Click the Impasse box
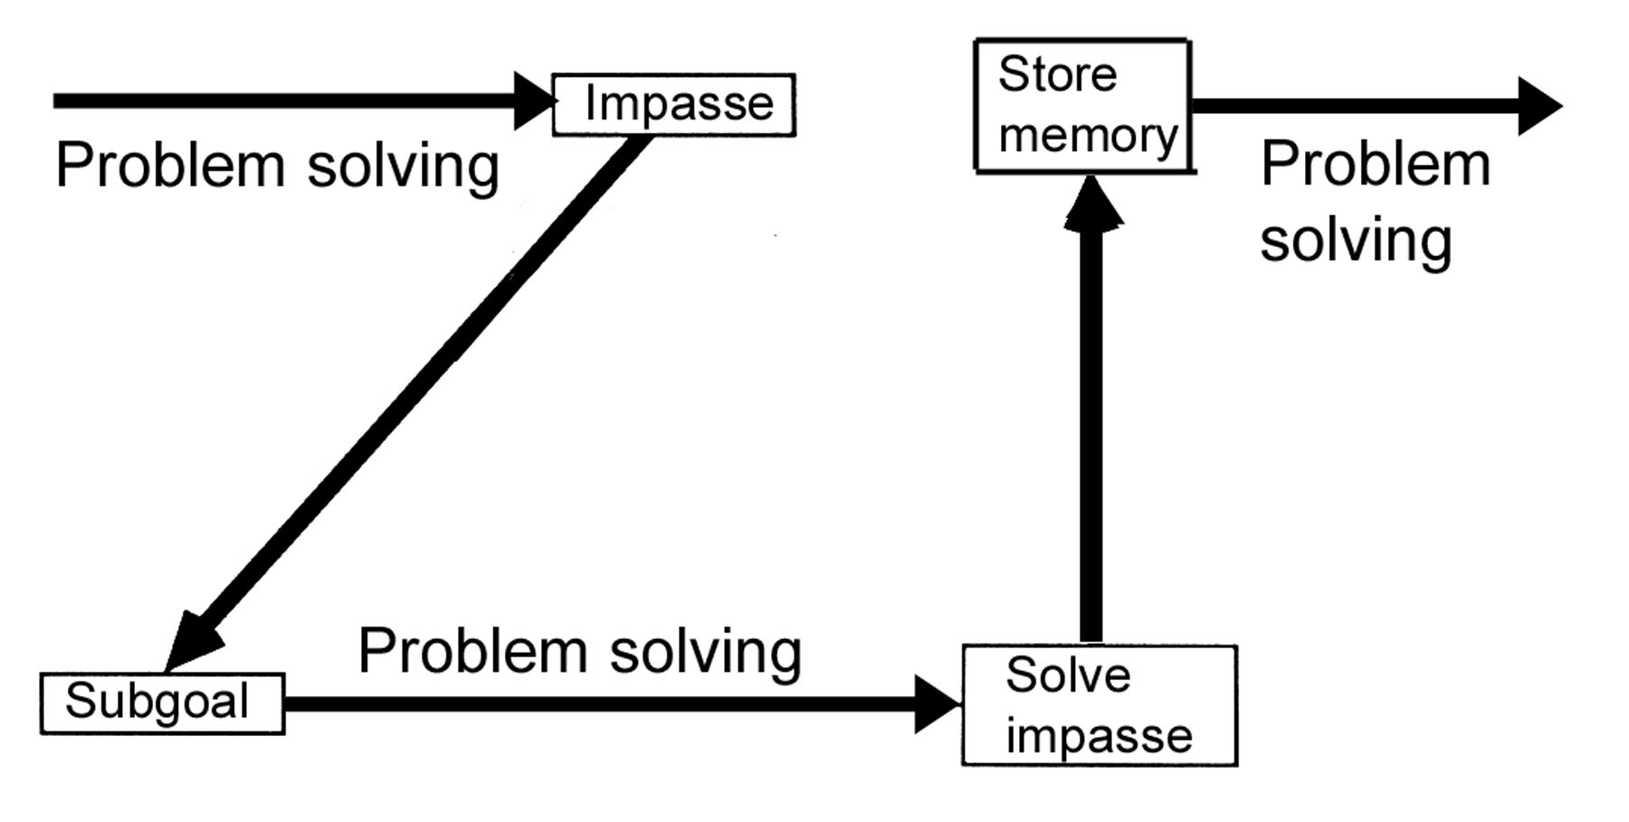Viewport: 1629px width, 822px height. click(674, 105)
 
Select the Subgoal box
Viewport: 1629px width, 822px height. click(163, 703)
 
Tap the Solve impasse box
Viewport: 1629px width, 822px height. click(1099, 705)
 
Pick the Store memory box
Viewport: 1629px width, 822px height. click(1083, 105)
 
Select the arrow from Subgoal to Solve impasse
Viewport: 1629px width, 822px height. click(597, 703)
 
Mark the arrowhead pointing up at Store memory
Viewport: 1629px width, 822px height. click(1092, 205)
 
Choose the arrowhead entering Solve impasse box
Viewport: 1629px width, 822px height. click(937, 703)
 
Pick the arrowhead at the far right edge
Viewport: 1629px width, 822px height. click(1538, 106)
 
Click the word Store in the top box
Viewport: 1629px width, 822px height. click(1057, 74)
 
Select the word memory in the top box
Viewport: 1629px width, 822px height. click(1088, 136)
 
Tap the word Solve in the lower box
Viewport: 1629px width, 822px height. click(1068, 675)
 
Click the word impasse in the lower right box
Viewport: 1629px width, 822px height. click(1099, 735)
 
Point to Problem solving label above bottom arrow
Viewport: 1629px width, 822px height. click(579, 651)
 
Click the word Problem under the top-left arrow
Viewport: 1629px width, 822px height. click(169, 166)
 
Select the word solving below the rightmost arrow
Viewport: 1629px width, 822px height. click(1356, 240)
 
